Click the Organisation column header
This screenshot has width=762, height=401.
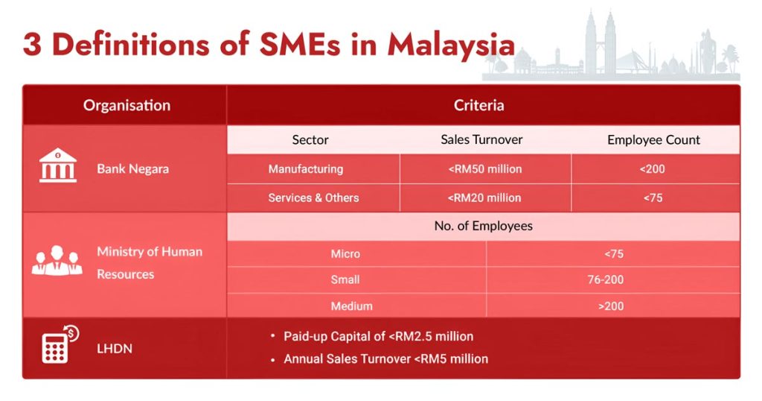click(127, 105)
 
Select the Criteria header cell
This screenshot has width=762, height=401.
click(478, 105)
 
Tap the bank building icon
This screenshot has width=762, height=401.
click(57, 165)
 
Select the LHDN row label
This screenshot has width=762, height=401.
click(114, 348)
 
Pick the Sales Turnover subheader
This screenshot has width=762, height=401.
click(481, 139)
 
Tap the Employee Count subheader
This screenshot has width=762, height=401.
click(653, 139)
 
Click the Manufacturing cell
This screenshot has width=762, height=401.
click(306, 169)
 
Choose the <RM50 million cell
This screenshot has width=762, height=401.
click(484, 169)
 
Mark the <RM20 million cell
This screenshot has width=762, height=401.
click(484, 198)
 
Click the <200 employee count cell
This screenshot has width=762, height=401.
click(652, 169)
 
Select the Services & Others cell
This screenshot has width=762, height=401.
click(313, 198)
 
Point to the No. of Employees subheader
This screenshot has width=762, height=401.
click(483, 226)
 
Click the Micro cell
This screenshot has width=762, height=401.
click(345, 254)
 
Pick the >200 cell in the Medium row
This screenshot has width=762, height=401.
click(614, 306)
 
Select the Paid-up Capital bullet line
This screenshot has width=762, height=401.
click(378, 336)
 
